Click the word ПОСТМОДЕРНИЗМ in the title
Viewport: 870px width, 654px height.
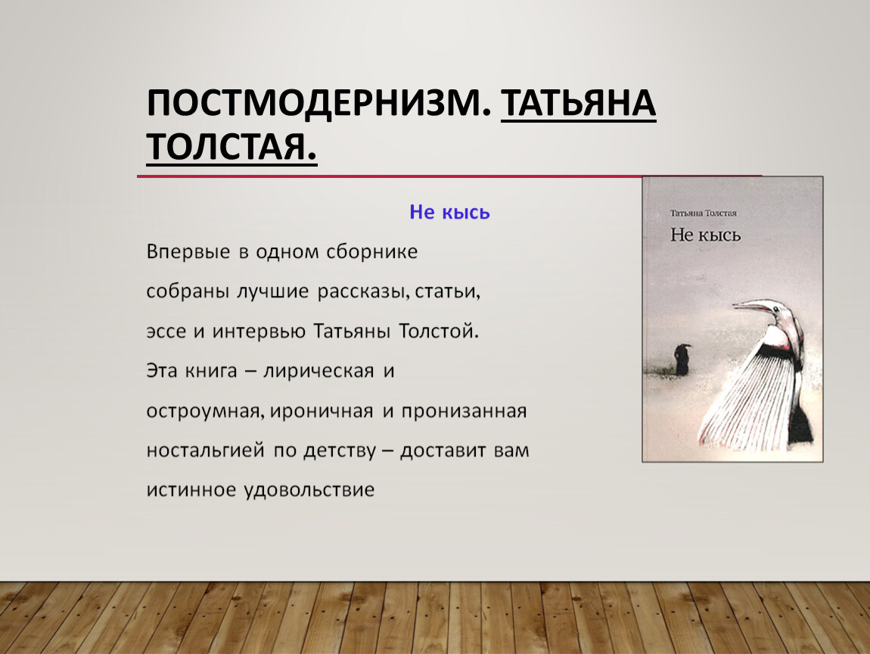click(x=319, y=103)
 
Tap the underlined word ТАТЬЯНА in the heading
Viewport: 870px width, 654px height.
click(x=579, y=103)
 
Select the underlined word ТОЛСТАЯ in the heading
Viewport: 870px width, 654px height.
click(x=231, y=147)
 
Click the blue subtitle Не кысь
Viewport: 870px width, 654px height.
click(x=449, y=212)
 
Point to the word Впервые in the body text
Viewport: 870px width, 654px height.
click(x=188, y=252)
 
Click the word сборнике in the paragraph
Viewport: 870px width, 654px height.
click(x=371, y=252)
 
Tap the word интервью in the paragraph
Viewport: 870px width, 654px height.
click(x=259, y=332)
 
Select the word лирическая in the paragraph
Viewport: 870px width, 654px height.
click(x=318, y=371)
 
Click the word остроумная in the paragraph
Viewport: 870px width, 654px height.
click(x=204, y=411)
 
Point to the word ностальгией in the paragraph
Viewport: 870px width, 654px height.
click(x=205, y=450)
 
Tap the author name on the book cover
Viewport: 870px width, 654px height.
click(x=703, y=213)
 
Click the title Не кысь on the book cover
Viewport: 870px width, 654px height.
click(x=705, y=235)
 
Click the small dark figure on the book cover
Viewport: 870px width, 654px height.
click(x=682, y=360)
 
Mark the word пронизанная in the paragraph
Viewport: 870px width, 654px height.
click(x=464, y=411)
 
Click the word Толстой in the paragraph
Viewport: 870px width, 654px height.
click(x=439, y=332)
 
